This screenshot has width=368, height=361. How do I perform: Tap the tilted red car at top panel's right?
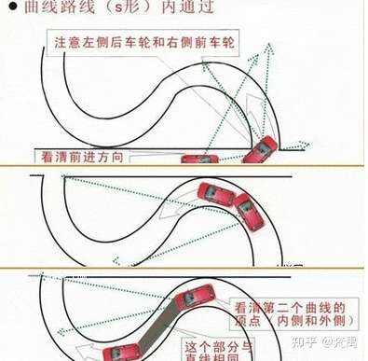pos(259,149)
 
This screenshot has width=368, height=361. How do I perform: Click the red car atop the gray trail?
pos(191,301)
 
